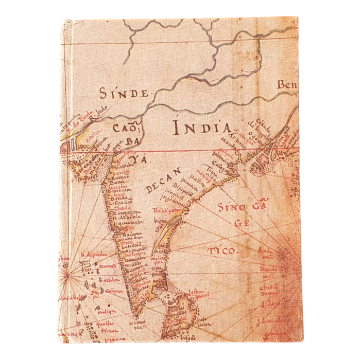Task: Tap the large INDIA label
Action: click(200, 126)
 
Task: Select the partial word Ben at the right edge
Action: click(287, 85)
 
